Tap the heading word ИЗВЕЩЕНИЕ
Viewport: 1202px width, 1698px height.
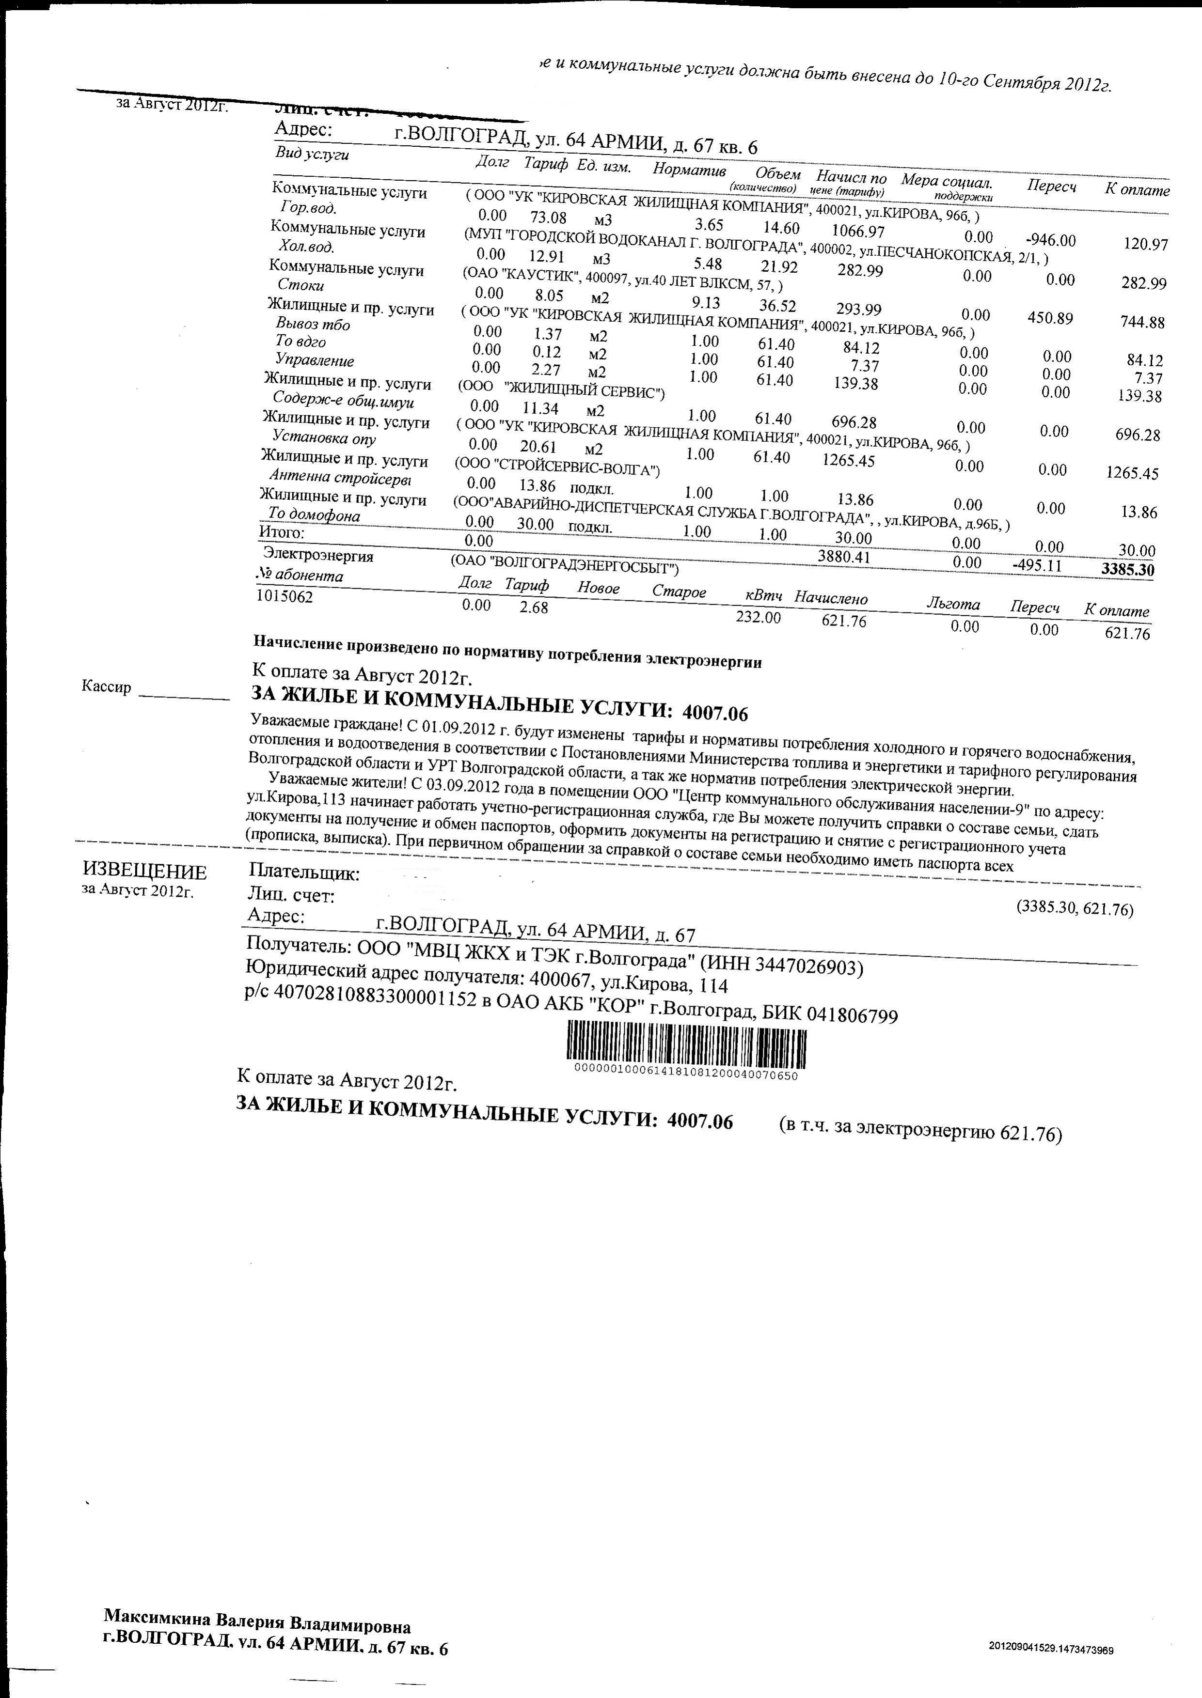pos(144,872)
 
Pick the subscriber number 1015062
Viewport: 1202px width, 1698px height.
pos(285,596)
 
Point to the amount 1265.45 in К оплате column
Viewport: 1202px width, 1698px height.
pos(1132,473)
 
